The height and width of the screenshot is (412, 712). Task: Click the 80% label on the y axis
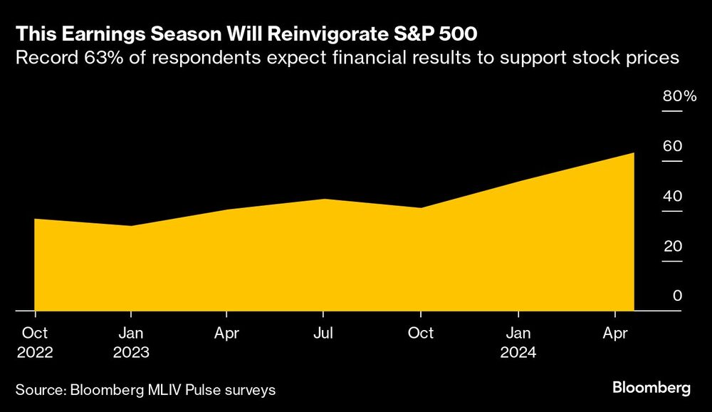click(x=679, y=97)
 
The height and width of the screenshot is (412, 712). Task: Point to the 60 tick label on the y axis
click(x=673, y=147)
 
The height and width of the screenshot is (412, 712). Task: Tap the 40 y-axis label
click(x=673, y=197)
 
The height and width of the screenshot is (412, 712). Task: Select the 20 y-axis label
click(x=673, y=247)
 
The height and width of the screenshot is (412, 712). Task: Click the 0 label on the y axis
click(x=678, y=296)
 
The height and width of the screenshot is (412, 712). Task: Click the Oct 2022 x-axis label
click(x=34, y=343)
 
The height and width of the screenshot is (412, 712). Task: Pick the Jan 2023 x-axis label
click(x=130, y=343)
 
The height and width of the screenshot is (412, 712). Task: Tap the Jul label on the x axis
click(x=323, y=333)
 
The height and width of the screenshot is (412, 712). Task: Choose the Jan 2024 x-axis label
click(x=518, y=343)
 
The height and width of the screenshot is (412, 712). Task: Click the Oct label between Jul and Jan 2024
click(x=421, y=333)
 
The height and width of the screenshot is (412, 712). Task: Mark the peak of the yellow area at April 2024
click(x=634, y=153)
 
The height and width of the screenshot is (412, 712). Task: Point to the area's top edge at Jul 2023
click(x=324, y=200)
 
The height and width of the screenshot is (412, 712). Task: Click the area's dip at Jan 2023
click(x=130, y=226)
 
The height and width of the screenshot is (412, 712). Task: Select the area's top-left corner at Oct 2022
click(x=35, y=219)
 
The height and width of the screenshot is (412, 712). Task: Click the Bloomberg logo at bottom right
click(x=651, y=388)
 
